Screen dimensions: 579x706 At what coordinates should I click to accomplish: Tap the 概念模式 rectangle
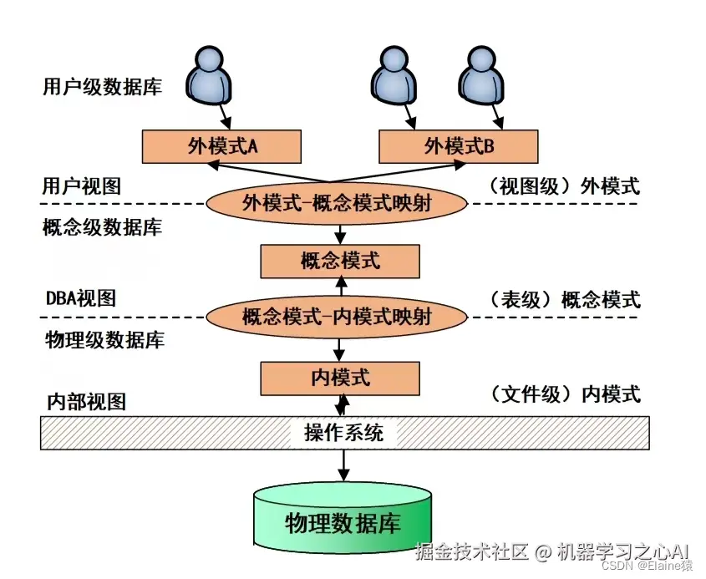[x=340, y=261]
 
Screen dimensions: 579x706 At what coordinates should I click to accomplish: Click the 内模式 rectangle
[x=340, y=378]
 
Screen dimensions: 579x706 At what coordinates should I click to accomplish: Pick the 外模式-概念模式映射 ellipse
[x=337, y=203]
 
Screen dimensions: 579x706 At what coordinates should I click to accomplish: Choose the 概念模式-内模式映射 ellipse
[x=337, y=317]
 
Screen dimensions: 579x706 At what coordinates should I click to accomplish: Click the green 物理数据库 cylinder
[x=343, y=522]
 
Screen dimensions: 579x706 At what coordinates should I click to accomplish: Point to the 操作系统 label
[x=344, y=433]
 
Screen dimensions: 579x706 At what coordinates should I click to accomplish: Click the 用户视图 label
[x=81, y=185]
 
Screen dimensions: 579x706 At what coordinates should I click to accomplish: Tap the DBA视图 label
[x=80, y=298]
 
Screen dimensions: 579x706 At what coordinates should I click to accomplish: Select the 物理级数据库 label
[x=103, y=340]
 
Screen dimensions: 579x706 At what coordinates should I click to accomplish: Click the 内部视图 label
[x=84, y=402]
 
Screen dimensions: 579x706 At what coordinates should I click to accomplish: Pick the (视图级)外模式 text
[x=565, y=185]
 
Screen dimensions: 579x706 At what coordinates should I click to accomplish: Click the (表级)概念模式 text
[x=565, y=299]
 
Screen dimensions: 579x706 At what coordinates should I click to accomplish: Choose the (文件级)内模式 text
[x=565, y=394]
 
